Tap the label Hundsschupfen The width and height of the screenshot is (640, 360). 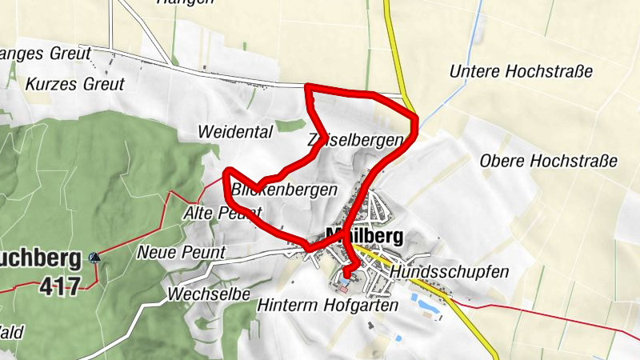pos(450,272)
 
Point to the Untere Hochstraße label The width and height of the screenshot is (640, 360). pos(521,71)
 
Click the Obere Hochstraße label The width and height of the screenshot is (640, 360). pos(549,161)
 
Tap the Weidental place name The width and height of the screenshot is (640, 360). pos(235,131)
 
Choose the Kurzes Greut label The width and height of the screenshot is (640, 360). pos(75,83)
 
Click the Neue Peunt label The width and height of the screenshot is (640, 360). pos(182,253)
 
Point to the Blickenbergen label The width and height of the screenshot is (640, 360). pos(284,190)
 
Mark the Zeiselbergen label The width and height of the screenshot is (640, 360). pos(354,141)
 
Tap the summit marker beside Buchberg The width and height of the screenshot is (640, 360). pos(95,257)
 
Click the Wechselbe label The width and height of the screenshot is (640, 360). pos(210,294)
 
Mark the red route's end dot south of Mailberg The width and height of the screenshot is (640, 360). pos(346,275)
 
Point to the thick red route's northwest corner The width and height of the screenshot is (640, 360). pos(309,86)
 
